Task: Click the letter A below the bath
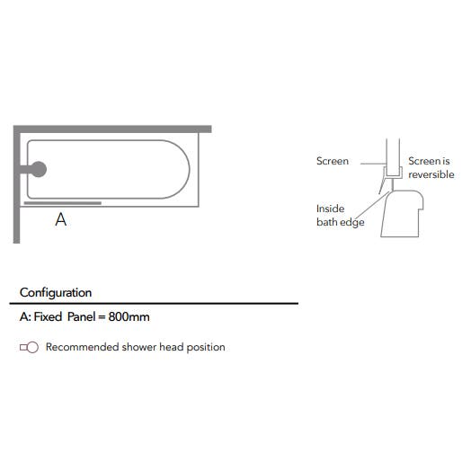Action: click(61, 219)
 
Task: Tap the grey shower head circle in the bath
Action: click(39, 169)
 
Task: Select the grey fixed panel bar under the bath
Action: click(63, 203)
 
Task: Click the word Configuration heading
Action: click(56, 293)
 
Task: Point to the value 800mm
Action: click(129, 316)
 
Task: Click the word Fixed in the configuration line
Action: click(48, 316)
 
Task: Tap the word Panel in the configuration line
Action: click(81, 316)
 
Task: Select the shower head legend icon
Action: click(29, 347)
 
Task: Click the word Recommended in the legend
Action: click(83, 347)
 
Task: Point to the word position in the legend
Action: click(206, 348)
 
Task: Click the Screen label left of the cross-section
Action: click(333, 161)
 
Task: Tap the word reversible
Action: click(431, 174)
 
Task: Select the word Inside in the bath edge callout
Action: click(330, 209)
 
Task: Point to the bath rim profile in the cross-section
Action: click(402, 214)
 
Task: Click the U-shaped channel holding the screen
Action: click(393, 177)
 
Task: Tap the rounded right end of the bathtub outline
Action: click(190, 169)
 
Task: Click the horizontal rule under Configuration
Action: click(154, 304)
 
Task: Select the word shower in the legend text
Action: click(139, 347)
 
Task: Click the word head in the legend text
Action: click(172, 347)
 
